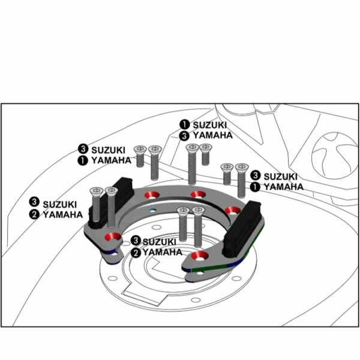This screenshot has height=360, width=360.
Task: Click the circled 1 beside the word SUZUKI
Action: click(x=184, y=125)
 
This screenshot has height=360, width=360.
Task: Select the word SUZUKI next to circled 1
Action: click(x=209, y=125)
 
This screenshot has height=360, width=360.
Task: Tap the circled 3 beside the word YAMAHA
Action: click(x=184, y=136)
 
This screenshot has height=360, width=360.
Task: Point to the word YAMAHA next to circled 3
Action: click(x=213, y=136)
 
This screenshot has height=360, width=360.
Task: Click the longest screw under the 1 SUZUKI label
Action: click(x=192, y=164)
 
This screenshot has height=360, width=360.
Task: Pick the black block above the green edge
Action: click(x=243, y=228)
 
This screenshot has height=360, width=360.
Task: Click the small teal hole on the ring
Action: click(x=152, y=210)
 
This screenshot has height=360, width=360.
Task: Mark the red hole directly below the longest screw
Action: click(x=199, y=194)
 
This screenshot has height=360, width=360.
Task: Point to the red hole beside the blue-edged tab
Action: click(x=113, y=237)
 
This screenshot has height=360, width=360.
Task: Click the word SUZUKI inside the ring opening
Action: click(x=160, y=242)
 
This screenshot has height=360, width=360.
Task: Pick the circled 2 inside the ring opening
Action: click(x=136, y=253)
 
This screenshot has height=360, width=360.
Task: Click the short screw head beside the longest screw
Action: click(x=206, y=147)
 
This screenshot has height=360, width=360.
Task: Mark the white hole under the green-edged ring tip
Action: click(x=200, y=273)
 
